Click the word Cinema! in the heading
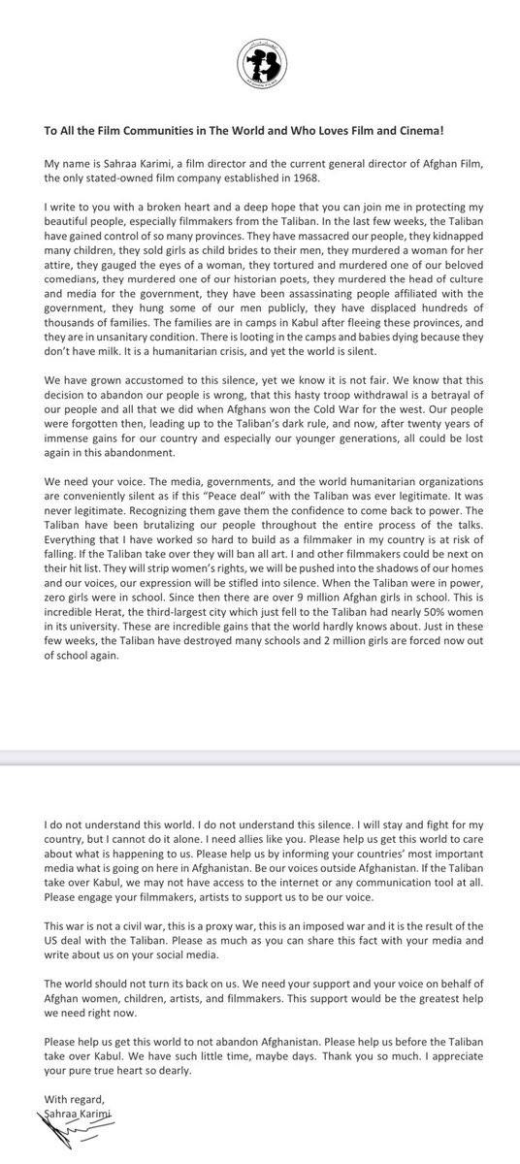tap(454, 135)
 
